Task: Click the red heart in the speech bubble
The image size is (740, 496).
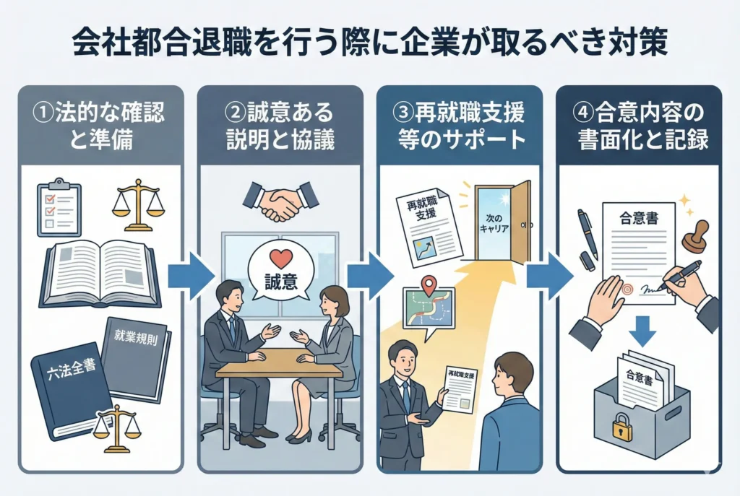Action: tap(281, 259)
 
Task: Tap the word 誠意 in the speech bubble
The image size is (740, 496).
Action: tap(281, 282)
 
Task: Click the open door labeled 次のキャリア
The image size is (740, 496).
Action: tap(503, 222)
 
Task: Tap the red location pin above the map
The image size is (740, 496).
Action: tap(429, 286)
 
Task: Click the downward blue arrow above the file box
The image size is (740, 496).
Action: tap(642, 331)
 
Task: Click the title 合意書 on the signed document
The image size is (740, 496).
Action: tap(639, 218)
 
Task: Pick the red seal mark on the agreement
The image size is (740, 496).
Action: tap(628, 289)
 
